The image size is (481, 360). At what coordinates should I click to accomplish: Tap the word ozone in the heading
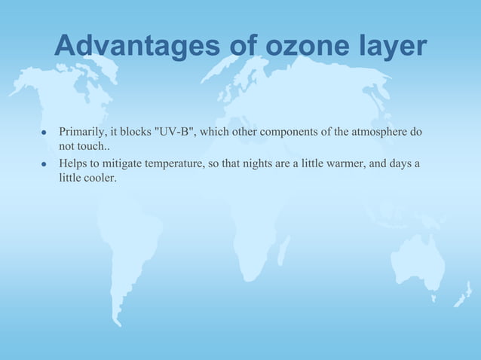299,47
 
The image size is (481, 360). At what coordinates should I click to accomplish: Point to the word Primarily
83,133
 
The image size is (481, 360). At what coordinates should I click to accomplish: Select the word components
289,133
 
